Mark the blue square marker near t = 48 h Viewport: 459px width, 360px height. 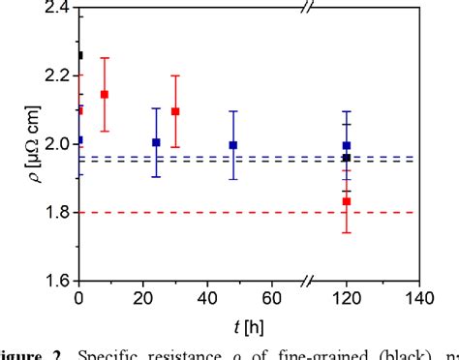[x=232, y=145]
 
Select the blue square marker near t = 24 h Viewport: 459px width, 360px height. [x=156, y=142]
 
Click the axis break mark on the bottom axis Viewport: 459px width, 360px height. [x=308, y=281]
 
